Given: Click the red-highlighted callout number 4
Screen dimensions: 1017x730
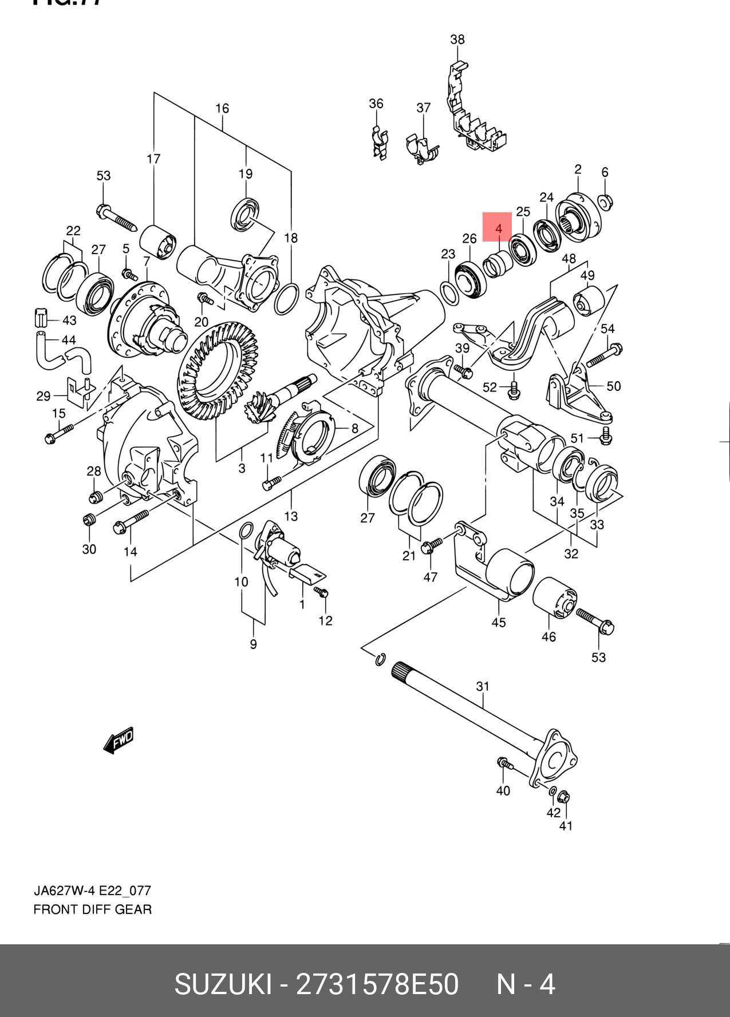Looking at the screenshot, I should [498, 227].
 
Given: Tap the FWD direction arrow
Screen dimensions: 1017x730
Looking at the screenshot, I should [119, 740].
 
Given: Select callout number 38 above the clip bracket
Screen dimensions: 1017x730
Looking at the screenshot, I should [457, 39].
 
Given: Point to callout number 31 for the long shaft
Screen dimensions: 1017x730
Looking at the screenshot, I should [483, 686].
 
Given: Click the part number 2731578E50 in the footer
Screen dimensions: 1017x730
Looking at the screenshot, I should [377, 984].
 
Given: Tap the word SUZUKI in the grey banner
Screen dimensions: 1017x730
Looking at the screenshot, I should [223, 984].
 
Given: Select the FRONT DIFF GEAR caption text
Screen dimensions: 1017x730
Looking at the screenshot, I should [93, 909].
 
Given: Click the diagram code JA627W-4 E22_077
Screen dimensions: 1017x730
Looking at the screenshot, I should [92, 891].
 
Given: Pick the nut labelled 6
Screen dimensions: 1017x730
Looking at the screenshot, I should [605, 201].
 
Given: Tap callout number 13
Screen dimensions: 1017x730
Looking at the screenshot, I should [291, 516].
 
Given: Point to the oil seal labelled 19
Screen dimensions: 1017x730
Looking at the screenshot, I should [246, 214].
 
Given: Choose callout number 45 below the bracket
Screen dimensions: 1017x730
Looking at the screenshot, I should [498, 622].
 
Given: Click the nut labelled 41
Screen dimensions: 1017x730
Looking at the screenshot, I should [563, 797].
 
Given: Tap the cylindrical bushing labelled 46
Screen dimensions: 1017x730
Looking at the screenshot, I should [554, 597].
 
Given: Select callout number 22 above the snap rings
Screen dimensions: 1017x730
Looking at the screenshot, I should [73, 231].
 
